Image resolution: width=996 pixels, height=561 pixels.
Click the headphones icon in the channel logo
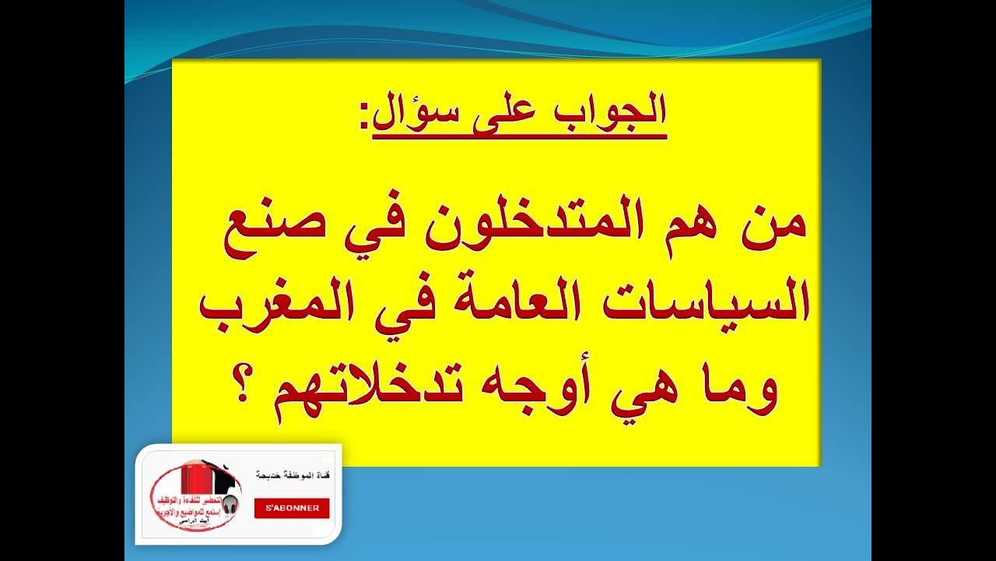(230, 505)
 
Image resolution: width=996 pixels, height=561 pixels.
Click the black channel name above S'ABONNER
(292, 475)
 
